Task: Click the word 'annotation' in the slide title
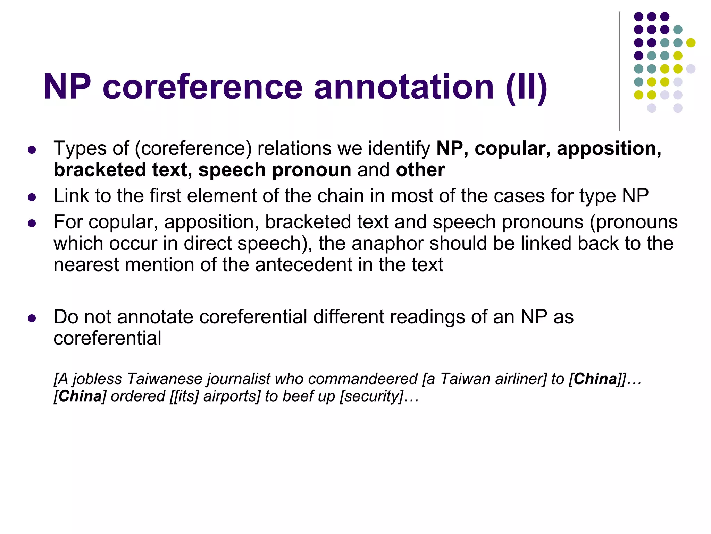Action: [404, 87]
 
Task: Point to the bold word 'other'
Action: [420, 170]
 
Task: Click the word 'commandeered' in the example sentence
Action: [362, 379]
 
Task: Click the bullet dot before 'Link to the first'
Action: [32, 197]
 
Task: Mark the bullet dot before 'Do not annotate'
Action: [32, 318]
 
